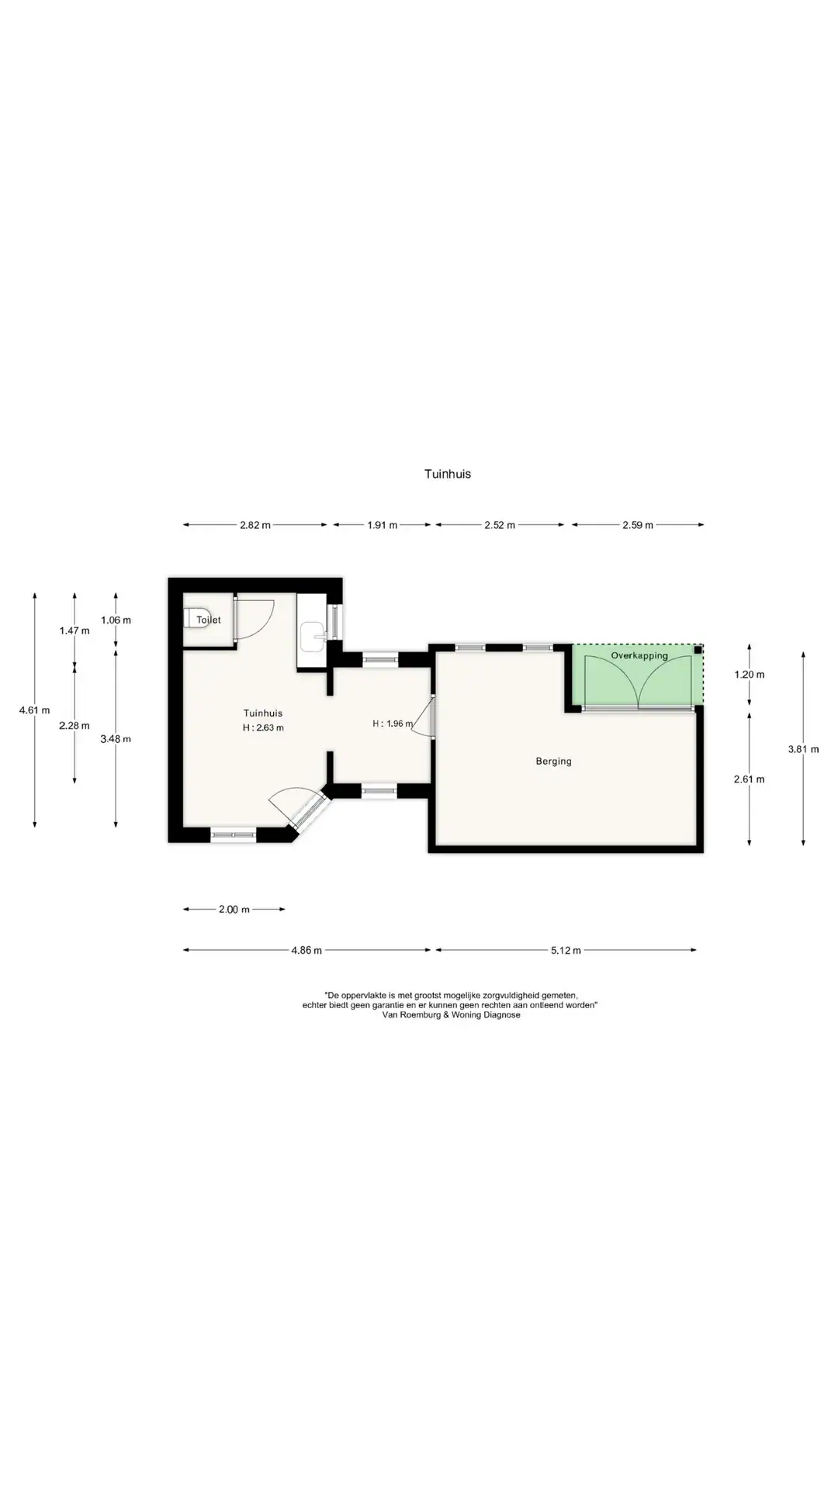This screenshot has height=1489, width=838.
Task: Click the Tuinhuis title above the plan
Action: point(447,474)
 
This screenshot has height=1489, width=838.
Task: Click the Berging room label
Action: point(553,762)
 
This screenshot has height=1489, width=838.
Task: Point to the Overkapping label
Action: point(639,656)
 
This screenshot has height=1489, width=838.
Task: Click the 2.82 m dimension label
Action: point(255,525)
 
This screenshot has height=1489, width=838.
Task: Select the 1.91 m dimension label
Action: point(382,525)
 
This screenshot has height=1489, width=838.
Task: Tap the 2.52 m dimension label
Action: point(500,525)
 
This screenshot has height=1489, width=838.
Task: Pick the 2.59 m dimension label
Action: point(638,525)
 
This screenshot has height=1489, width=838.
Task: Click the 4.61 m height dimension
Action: point(35,710)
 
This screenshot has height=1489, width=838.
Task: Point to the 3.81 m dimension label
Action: point(803,749)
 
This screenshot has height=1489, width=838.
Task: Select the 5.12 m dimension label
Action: point(566,950)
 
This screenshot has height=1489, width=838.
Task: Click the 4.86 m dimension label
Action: point(306,950)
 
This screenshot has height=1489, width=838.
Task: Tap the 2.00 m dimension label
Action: point(234,910)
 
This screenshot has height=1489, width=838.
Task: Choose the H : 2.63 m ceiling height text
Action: point(263,727)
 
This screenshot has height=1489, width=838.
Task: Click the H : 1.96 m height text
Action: point(393,724)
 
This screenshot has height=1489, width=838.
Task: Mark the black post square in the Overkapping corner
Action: point(698,650)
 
